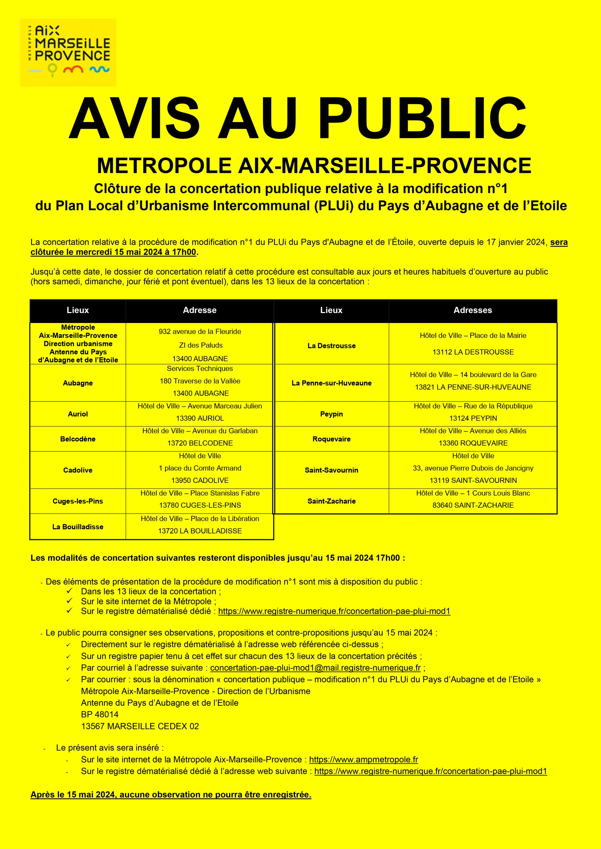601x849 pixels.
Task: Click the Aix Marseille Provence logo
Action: click(x=68, y=52)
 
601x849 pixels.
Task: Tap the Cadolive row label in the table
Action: click(x=78, y=470)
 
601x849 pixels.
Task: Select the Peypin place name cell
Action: click(x=331, y=414)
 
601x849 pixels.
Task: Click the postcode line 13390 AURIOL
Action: click(x=200, y=418)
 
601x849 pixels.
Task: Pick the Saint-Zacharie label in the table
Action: click(x=331, y=501)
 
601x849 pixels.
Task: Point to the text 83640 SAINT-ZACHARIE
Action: click(x=473, y=505)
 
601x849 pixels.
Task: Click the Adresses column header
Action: click(x=473, y=310)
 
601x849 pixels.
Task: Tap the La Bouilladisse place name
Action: click(x=78, y=527)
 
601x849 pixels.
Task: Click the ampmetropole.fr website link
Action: click(x=363, y=759)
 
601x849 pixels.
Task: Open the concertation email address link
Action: click(x=315, y=668)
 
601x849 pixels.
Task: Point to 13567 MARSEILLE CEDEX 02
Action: click(x=140, y=726)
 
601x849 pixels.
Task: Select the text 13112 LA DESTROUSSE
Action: click(x=473, y=352)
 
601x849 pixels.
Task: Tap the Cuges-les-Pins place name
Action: click(x=78, y=501)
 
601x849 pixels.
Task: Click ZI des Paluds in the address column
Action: click(x=200, y=345)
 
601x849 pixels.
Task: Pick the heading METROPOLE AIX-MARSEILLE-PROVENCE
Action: click(x=314, y=166)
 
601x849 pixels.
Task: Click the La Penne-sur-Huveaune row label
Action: click(x=331, y=383)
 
